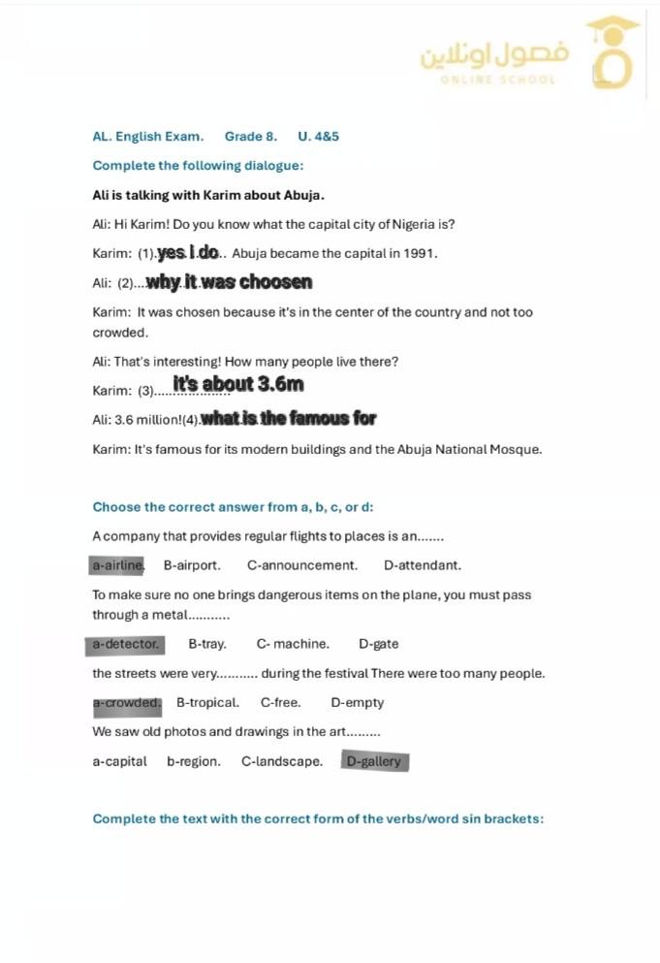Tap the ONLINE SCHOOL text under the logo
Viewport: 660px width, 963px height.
(498, 80)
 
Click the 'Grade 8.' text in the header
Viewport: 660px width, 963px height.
(251, 137)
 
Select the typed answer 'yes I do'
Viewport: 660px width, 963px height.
(188, 253)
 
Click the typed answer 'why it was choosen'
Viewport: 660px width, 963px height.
(230, 283)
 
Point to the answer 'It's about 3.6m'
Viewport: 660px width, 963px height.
(238, 385)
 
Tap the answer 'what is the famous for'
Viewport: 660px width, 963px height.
(288, 419)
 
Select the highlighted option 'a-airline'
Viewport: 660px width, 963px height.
(116, 565)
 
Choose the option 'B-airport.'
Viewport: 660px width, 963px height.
(192, 565)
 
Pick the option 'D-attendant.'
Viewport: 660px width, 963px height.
(423, 565)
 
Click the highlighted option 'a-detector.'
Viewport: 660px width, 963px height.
(125, 644)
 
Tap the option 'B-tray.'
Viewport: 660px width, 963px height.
(207, 644)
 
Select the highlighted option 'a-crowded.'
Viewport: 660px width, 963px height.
(126, 703)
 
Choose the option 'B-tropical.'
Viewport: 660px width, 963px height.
(207, 703)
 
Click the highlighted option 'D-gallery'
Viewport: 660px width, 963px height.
(374, 762)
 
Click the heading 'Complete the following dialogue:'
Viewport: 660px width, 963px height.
(198, 166)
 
